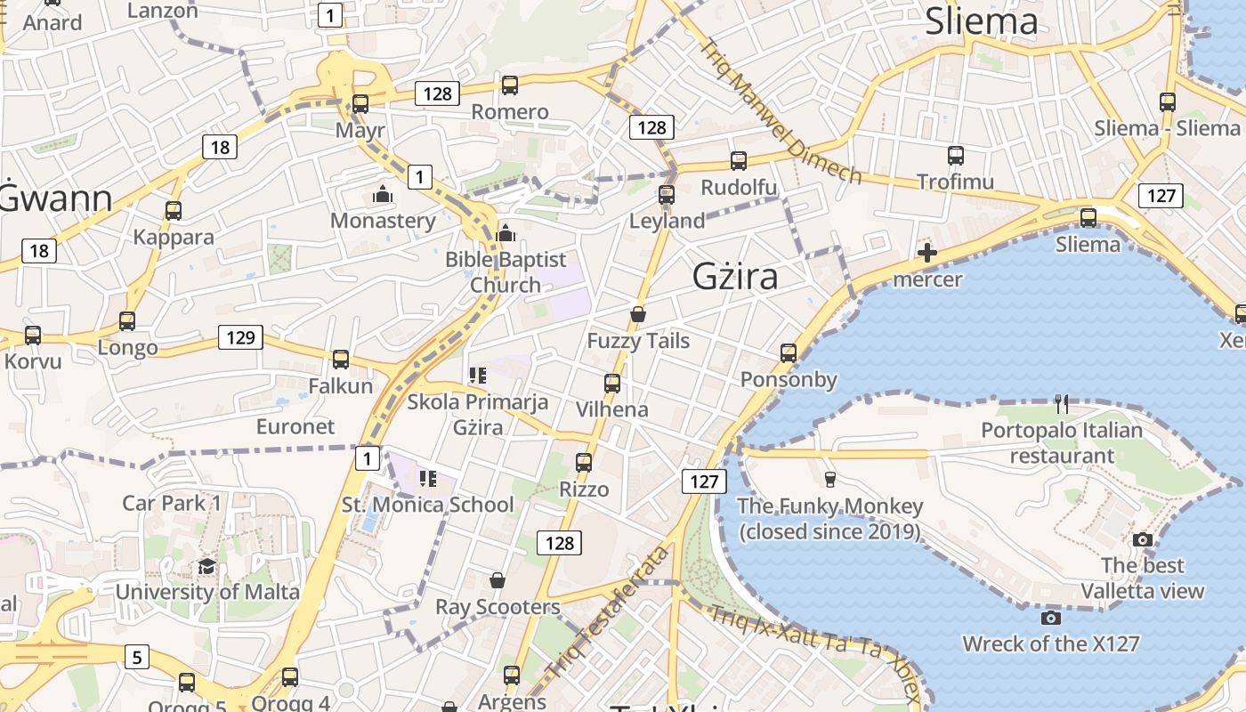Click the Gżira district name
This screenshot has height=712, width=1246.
pyautogui.click(x=735, y=277)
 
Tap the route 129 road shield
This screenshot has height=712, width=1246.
pyautogui.click(x=240, y=337)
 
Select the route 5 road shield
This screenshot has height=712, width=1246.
pyautogui.click(x=136, y=658)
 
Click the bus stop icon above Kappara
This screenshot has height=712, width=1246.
pyautogui.click(x=174, y=211)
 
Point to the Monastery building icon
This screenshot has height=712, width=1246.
pyautogui.click(x=383, y=194)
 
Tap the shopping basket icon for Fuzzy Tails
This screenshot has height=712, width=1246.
pyautogui.click(x=637, y=314)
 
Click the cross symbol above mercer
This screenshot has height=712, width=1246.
pyautogui.click(x=926, y=253)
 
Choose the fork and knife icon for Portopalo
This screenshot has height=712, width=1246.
pyautogui.click(x=1061, y=404)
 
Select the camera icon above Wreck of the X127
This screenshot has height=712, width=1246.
pyautogui.click(x=1050, y=618)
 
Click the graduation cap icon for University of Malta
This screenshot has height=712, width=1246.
pyautogui.click(x=206, y=566)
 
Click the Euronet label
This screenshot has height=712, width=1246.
pyautogui.click(x=295, y=426)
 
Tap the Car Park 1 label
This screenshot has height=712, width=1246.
pyautogui.click(x=172, y=503)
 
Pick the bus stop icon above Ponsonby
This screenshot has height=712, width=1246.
pyautogui.click(x=788, y=353)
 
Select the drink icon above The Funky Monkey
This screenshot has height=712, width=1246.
pyautogui.click(x=830, y=480)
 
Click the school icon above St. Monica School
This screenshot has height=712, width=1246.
pyautogui.click(x=428, y=480)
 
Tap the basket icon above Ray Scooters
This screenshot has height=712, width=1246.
pyautogui.click(x=498, y=581)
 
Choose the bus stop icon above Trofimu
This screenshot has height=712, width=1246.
pyautogui.click(x=956, y=156)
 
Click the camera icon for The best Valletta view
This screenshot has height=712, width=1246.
pyautogui.click(x=1143, y=539)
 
